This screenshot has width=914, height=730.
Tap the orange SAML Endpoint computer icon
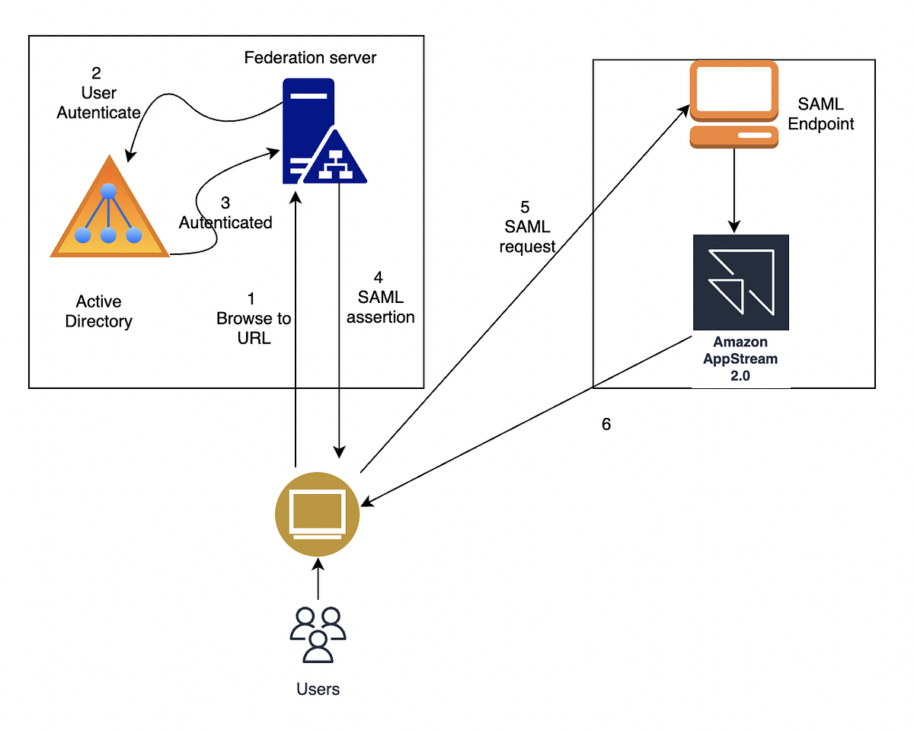(x=734, y=104)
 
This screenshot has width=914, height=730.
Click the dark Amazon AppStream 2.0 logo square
(x=740, y=282)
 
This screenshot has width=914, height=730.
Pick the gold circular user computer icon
(x=316, y=514)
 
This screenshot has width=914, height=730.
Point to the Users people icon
(x=318, y=633)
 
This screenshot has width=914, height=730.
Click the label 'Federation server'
(x=310, y=58)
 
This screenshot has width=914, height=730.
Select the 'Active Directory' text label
(x=98, y=312)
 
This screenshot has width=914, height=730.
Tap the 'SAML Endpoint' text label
(x=821, y=113)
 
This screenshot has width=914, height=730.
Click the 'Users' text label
(x=318, y=690)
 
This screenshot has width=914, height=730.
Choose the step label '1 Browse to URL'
(x=253, y=319)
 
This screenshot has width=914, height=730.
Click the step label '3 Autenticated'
(x=225, y=213)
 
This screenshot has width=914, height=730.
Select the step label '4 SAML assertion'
(x=380, y=298)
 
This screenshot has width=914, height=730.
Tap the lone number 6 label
(x=606, y=425)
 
